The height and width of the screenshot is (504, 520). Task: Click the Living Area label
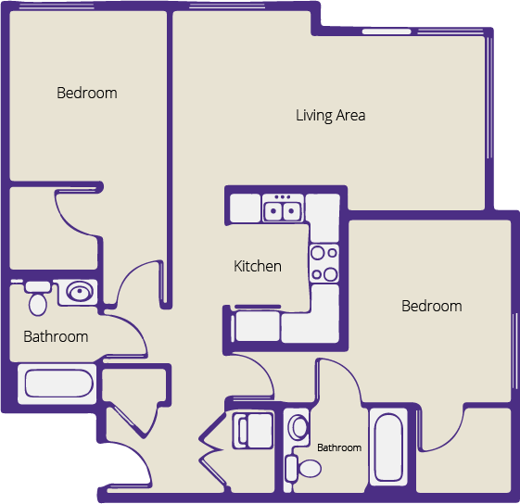pyautogui.click(x=330, y=116)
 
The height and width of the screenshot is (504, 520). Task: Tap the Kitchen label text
pyautogui.click(x=257, y=267)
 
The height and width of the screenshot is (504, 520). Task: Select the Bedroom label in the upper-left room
pyautogui.click(x=87, y=93)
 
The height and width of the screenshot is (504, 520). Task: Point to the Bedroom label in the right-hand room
pyautogui.click(x=431, y=307)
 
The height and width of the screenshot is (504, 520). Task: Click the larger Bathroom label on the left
pyautogui.click(x=56, y=337)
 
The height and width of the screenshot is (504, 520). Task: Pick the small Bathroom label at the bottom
pyautogui.click(x=339, y=448)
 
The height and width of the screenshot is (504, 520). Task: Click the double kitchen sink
pyautogui.click(x=284, y=211)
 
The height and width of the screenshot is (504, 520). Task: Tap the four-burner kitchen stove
pyautogui.click(x=323, y=263)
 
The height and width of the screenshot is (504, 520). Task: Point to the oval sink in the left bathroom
pyautogui.click(x=80, y=294)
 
